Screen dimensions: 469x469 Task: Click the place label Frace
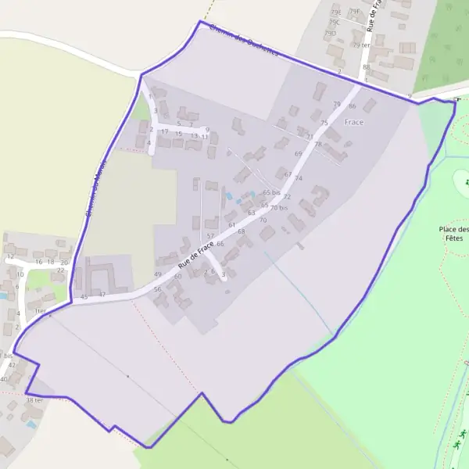[x=354, y=122]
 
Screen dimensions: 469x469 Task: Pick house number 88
[x=366, y=67]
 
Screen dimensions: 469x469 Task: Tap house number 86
[x=353, y=106]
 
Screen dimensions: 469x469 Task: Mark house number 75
[x=324, y=123]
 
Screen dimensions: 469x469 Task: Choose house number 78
[x=318, y=144]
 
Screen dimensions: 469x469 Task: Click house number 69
[x=298, y=154]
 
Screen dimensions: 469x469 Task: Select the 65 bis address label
[x=271, y=192]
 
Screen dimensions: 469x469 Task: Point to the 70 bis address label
[x=279, y=208]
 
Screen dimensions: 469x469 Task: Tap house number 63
[x=251, y=213]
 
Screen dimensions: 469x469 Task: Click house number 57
[x=210, y=235]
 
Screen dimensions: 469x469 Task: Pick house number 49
[x=158, y=274]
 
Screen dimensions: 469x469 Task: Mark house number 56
[x=158, y=289]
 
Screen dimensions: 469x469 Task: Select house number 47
[x=102, y=294]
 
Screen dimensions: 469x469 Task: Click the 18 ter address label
[x=34, y=399]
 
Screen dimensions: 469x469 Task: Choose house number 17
[x=164, y=132]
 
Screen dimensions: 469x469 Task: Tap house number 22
[x=61, y=270]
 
